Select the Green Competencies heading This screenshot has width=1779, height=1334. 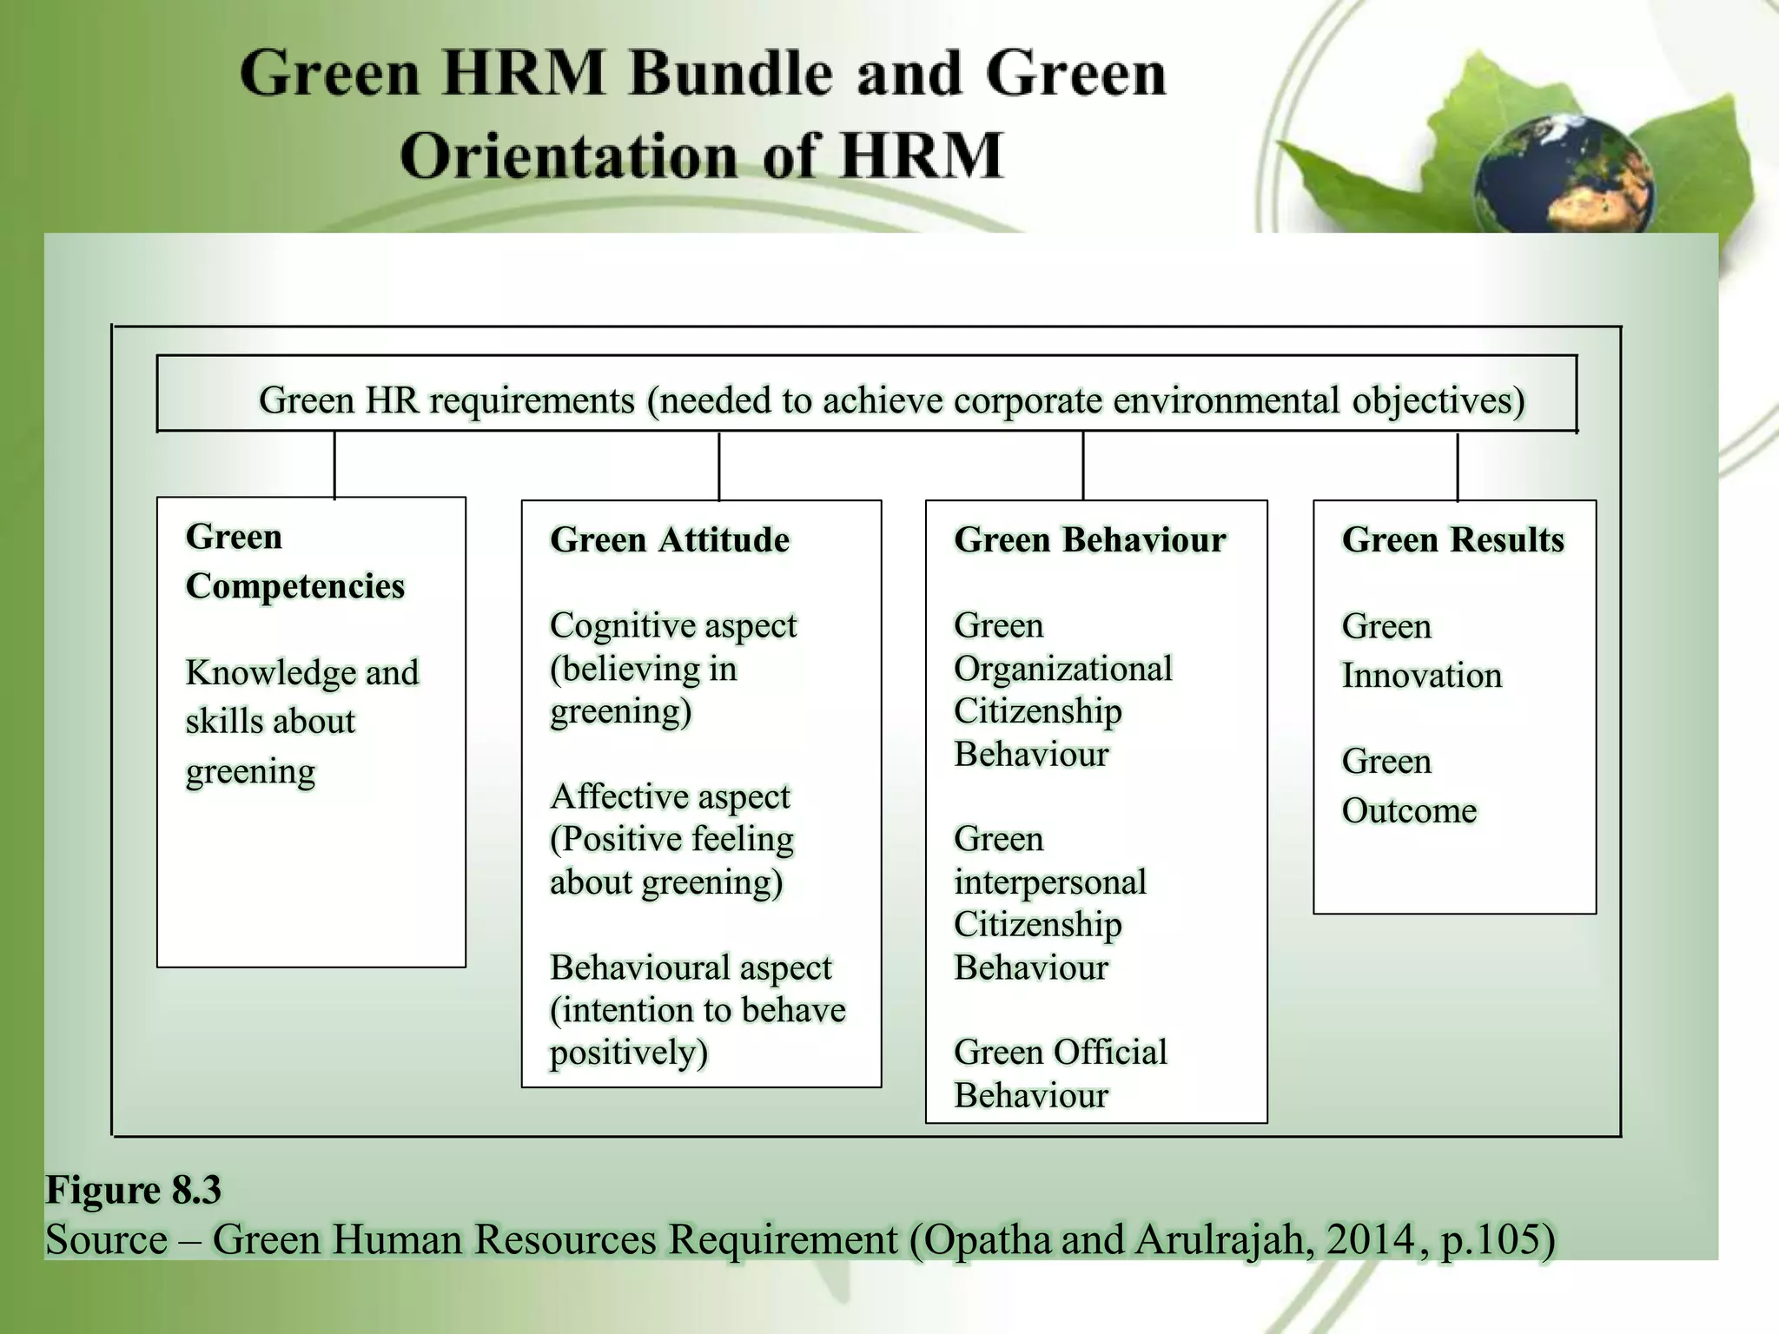click(294, 561)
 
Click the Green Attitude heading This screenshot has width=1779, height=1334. click(670, 540)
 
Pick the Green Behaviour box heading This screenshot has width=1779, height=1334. click(1089, 540)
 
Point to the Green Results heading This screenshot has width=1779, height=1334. click(1452, 540)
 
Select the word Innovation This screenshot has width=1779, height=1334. click(1421, 676)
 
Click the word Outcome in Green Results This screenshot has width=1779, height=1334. click(1409, 811)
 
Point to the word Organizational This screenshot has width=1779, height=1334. click(1062, 669)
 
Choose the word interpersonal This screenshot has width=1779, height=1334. click(1049, 882)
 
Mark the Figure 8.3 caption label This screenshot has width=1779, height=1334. click(133, 1190)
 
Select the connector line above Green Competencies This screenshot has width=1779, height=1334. click(334, 465)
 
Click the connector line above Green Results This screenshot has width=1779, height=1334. click(1457, 466)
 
